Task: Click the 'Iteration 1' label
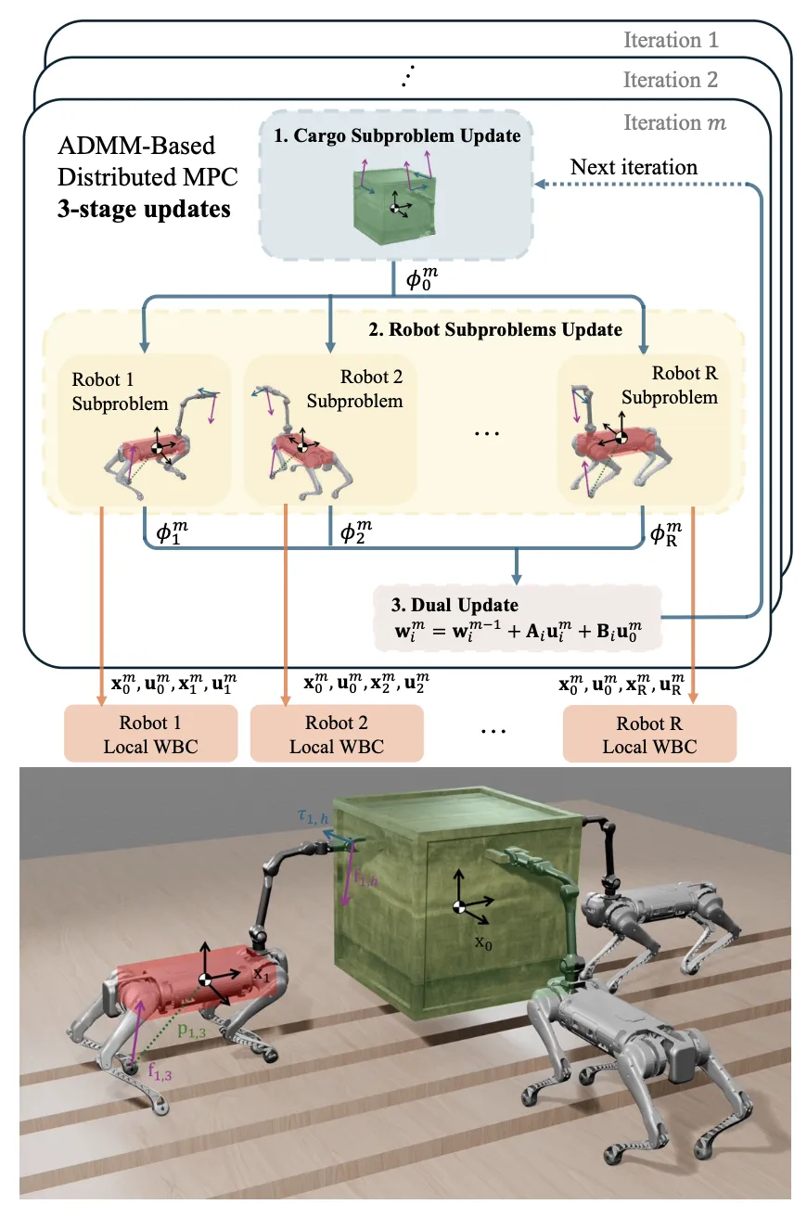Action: [x=671, y=40]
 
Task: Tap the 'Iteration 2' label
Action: [x=671, y=80]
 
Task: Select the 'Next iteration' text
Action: [x=633, y=168]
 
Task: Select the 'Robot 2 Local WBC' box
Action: [x=336, y=734]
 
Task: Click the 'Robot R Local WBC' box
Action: [x=648, y=734]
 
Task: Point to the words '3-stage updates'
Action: [x=144, y=208]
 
